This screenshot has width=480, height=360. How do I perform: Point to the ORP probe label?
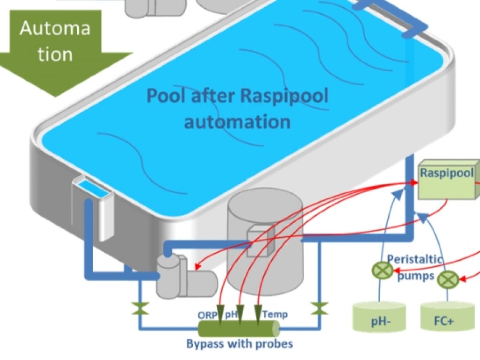point(208,314)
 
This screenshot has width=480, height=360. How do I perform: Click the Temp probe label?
point(275,314)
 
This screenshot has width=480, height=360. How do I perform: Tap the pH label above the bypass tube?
point(232,314)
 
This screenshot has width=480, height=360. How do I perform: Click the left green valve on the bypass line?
point(140,309)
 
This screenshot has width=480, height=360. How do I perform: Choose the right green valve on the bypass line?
point(320,309)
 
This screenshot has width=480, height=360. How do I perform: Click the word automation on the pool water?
point(237,121)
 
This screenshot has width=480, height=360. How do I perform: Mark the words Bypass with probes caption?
point(240,343)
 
